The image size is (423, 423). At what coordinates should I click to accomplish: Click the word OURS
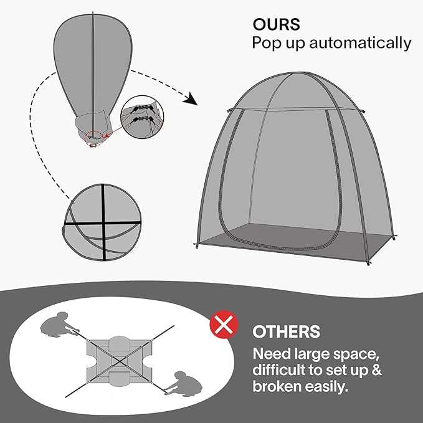pos(276,24)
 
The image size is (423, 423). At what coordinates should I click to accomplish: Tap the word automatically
pos(360,43)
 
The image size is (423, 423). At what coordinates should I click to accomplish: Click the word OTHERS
pos(286,331)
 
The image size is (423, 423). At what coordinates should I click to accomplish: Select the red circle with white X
pos(224,325)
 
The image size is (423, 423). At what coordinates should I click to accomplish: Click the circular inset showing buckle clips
pos(142,117)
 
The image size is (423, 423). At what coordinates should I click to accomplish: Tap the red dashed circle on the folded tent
pos(93,137)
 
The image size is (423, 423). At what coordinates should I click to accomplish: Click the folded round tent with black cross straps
pos(102,222)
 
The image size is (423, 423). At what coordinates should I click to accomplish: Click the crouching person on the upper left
pos(58,325)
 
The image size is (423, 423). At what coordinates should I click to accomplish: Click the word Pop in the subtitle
pos(265,43)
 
